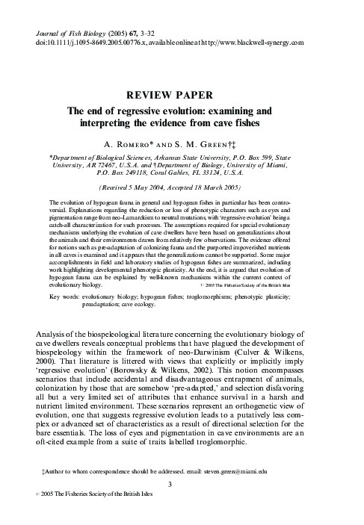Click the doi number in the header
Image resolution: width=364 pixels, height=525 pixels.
pos(97,43)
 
